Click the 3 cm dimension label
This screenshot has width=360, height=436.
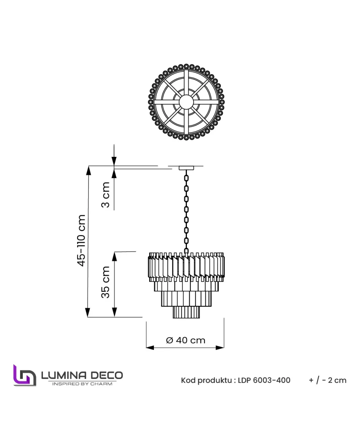coord(105,195)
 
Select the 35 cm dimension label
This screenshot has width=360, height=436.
coord(105,282)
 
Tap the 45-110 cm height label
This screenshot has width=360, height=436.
coord(81,240)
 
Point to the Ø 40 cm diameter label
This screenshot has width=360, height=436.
coord(186,340)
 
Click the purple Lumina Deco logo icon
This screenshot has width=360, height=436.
coord(25,375)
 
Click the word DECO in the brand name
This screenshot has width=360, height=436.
coord(107,375)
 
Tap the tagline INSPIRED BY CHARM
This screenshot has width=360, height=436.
coord(82,384)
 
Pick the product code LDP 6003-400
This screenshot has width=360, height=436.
coord(264,380)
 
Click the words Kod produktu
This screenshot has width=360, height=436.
coord(207,381)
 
